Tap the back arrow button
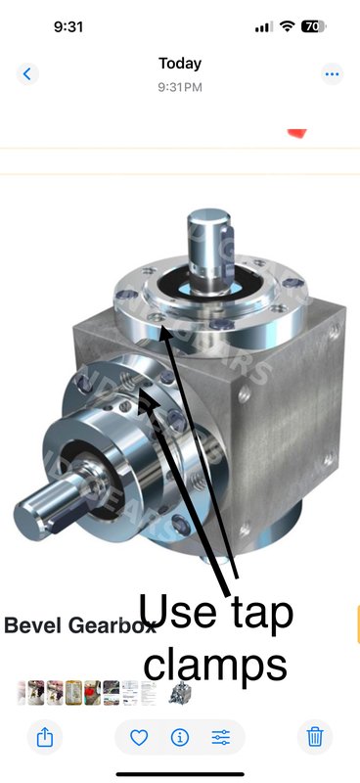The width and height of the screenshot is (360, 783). pos(26,73)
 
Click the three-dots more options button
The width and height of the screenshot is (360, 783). pos(333,73)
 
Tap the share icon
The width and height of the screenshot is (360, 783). pos(45,737)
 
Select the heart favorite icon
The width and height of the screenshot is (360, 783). pos(139,737)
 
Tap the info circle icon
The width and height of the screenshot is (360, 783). pos(180,737)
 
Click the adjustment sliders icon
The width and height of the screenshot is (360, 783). pos(221,737)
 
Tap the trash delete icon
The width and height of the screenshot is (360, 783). pos(314,737)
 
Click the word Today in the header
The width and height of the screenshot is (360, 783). pos(180,64)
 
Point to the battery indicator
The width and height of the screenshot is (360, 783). pos(315,26)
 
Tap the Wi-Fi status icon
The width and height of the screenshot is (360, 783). pos(287,26)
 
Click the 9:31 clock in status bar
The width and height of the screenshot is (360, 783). pos(67,26)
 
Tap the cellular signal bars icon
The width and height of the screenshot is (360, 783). pos(262,26)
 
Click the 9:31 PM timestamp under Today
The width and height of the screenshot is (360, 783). pos(180,86)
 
